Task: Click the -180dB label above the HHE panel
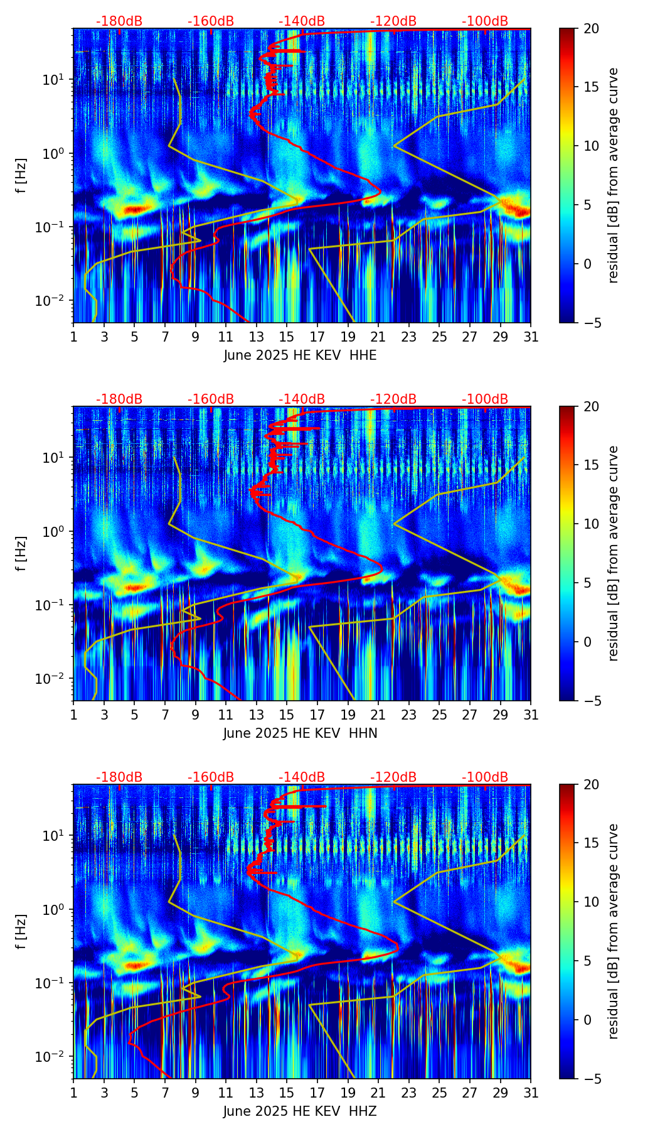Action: coord(119,21)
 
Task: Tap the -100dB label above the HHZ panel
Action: coord(485,777)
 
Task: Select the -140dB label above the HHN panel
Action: coord(302,399)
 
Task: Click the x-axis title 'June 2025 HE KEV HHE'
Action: coord(300,355)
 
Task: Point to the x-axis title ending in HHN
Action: coord(300,733)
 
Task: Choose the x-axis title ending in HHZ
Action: coord(300,1111)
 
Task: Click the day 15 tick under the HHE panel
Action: coord(287,337)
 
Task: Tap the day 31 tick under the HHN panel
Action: coord(531,715)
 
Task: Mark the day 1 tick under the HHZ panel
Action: coord(73,1093)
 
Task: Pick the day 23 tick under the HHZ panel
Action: coord(409,1093)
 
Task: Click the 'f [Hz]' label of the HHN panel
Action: coord(21,553)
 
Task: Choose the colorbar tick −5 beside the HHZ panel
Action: coord(590,1079)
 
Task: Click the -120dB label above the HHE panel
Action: coord(393,21)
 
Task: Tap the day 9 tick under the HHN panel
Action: coord(195,715)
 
